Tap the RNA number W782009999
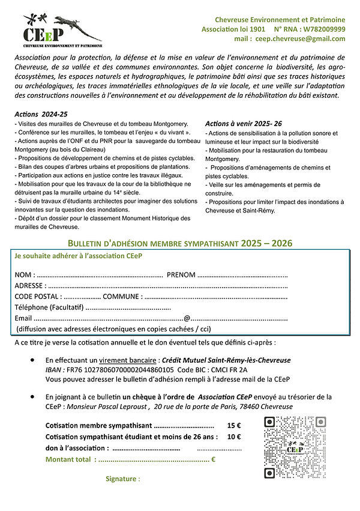(x=323, y=29)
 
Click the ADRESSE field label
(x=29, y=285)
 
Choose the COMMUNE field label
(x=122, y=296)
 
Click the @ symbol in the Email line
(x=187, y=318)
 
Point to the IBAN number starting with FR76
(x=120, y=370)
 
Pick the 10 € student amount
(x=233, y=437)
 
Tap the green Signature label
(x=122, y=479)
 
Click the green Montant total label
(x=70, y=459)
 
